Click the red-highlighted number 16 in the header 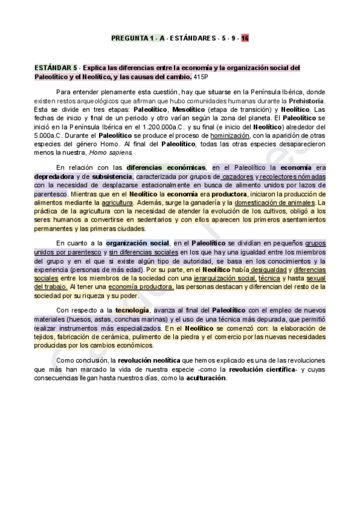tap(245, 38)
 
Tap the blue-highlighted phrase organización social tap(137, 243)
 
